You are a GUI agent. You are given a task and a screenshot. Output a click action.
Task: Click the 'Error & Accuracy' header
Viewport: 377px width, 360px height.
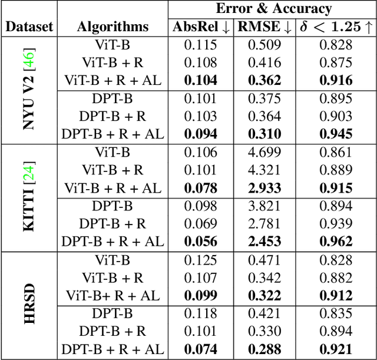click(273, 9)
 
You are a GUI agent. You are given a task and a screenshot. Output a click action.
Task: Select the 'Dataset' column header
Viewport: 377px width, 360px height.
click(29, 27)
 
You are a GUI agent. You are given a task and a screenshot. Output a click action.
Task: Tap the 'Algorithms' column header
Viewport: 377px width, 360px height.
click(113, 27)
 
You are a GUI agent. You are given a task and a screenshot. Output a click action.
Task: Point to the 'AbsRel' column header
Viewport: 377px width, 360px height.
click(201, 27)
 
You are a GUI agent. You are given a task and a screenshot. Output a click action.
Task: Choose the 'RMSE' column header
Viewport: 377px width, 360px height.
click(264, 27)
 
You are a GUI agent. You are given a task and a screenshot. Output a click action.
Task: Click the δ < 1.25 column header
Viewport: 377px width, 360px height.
click(335, 27)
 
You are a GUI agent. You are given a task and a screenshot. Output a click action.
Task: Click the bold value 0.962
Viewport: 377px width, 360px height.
click(336, 242)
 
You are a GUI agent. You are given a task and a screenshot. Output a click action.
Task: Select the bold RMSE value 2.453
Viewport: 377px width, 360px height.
click(264, 242)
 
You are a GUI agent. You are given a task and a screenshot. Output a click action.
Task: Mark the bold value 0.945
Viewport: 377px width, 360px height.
click(336, 134)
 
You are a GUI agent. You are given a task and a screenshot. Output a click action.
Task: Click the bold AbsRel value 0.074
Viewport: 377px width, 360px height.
click(200, 349)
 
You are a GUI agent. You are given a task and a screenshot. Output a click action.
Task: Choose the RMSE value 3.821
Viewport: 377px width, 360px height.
click(264, 206)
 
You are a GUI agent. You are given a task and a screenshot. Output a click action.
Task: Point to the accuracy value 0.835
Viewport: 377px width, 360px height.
click(336, 313)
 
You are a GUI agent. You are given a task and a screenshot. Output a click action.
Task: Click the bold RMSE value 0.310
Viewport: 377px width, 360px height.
click(264, 134)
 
